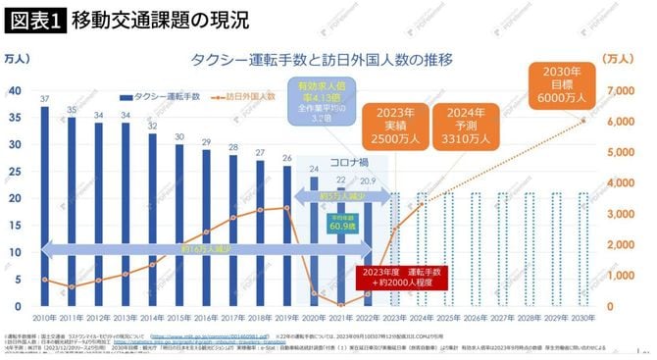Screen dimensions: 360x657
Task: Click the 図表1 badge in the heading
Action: tap(32, 19)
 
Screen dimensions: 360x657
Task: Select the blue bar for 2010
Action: tap(45, 206)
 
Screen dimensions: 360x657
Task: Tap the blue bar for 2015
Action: tap(178, 225)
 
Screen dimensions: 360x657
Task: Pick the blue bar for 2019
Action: tap(286, 235)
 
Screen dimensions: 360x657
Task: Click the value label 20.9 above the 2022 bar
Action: tap(367, 181)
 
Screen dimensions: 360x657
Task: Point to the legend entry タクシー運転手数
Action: tap(162, 97)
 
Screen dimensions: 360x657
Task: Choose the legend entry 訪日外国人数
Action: tap(245, 97)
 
